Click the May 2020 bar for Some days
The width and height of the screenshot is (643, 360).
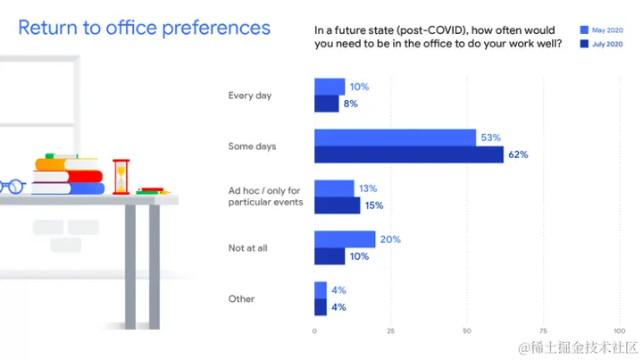(395, 138)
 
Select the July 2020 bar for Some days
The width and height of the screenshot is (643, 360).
(408, 155)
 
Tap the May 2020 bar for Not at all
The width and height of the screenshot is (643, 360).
(345, 239)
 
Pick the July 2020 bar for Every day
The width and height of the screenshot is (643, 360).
(326, 104)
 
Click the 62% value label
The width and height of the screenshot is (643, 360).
(518, 155)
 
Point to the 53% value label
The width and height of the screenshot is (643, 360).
(490, 138)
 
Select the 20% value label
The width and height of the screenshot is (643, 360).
(389, 239)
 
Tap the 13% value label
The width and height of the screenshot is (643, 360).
(367, 188)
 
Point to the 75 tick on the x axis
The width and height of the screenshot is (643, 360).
(543, 331)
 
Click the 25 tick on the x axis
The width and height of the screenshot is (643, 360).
(390, 331)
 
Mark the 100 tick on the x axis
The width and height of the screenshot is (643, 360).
(619, 331)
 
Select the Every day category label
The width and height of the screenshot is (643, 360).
(250, 96)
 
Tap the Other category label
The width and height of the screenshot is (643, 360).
(241, 299)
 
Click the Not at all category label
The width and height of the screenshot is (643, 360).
(248, 248)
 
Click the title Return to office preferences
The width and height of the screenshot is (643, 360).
(144, 28)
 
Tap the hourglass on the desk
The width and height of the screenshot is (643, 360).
(121, 177)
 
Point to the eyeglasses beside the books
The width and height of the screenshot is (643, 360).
(13, 188)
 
